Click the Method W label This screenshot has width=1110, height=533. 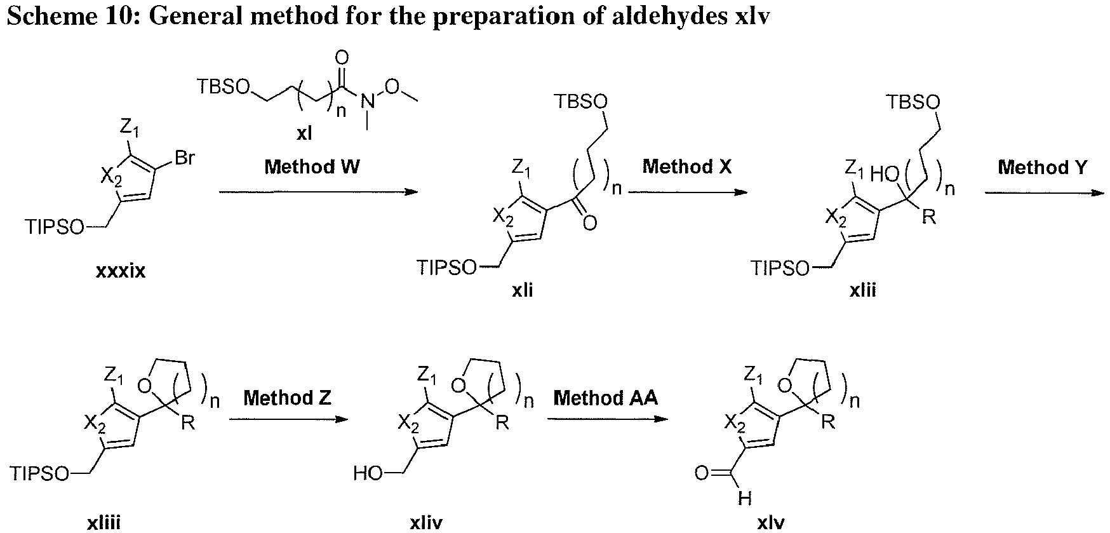312,167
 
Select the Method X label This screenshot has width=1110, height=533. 687,167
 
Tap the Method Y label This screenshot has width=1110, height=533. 1043,167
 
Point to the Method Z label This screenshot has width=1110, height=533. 287,398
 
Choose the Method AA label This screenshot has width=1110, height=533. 606,398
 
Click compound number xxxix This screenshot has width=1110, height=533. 121,271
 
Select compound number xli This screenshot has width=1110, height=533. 523,290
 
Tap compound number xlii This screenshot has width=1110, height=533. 863,290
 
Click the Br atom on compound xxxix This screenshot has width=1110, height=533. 184,158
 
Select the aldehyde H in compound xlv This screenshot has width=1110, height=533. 744,499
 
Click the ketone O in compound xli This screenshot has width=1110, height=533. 589,222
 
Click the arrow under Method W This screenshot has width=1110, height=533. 318,191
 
